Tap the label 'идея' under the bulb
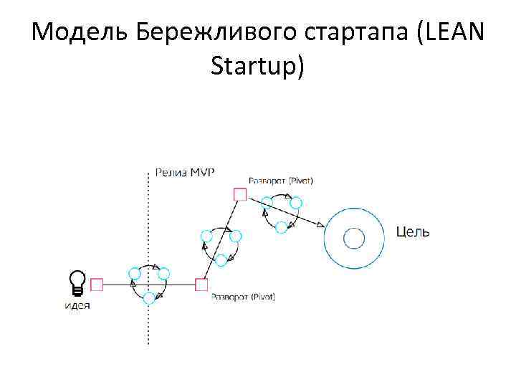coord(77,305)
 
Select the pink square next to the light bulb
coord(97,285)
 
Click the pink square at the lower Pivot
coord(201,285)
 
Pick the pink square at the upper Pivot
coord(240,194)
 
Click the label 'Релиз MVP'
coord(185,172)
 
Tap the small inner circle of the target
coord(353,238)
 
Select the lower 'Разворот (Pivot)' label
coord(243,297)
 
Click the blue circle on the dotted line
coord(149,297)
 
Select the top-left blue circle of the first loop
coord(134,273)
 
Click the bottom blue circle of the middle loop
coord(221,260)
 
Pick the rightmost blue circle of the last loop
coord(295,203)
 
